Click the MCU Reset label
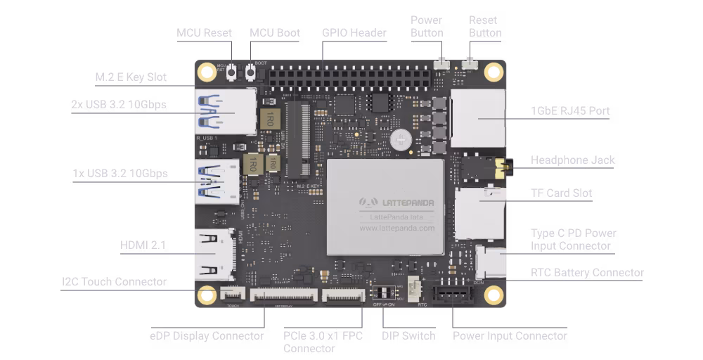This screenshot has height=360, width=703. point(204,32)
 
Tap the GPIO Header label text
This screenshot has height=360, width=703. point(354,32)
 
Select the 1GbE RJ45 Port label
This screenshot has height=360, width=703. point(570,110)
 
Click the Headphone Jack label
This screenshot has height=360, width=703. point(572,160)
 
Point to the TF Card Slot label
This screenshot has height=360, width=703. point(561,193)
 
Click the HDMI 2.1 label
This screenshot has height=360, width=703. point(143,245)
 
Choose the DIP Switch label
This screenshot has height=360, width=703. point(409,335)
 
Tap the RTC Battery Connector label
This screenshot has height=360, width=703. point(587,272)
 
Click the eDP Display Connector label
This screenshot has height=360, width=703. point(207,335)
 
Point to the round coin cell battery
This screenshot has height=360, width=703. point(401,139)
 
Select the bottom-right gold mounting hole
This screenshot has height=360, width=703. point(495,295)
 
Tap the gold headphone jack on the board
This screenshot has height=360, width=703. point(502,168)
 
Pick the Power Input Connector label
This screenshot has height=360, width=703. point(510,335)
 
